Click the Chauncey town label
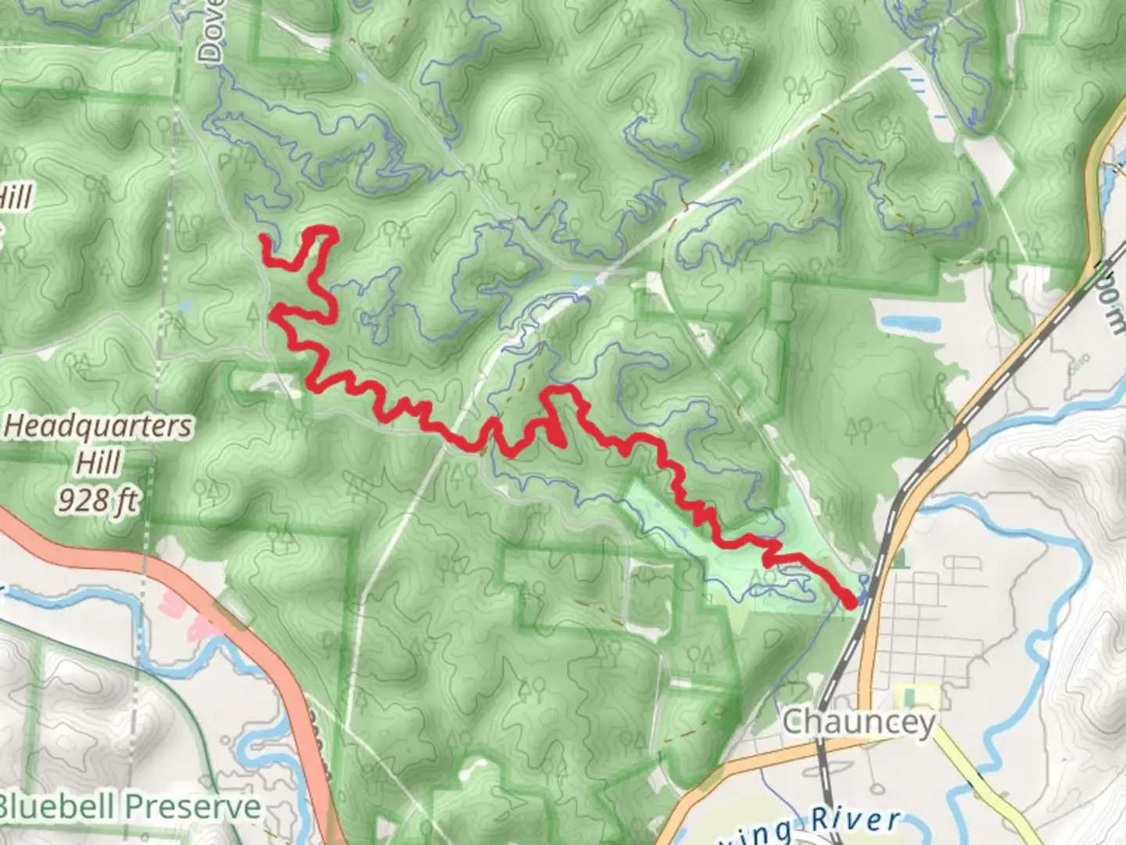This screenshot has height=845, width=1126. pos(858,721)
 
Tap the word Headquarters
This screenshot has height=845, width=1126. pos(99,427)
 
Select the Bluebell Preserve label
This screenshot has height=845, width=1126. pos(130,807)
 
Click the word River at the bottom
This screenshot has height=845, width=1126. pos(855,821)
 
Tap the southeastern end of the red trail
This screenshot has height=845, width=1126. pos(850,601)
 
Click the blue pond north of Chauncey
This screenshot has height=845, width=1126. pos(907,323)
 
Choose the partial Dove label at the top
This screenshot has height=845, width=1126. pos(210,31)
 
